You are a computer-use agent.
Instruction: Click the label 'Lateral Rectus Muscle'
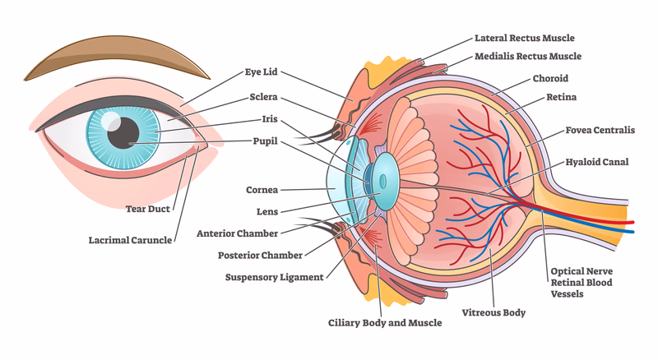click(524, 38)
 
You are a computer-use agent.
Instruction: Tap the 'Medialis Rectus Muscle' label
click(528, 57)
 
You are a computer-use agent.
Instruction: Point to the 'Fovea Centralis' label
click(600, 130)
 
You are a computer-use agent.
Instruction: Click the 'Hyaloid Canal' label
click(596, 162)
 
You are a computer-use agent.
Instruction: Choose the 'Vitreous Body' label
click(493, 312)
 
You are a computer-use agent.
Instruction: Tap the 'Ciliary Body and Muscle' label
click(385, 323)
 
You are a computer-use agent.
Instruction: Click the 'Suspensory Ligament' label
click(274, 277)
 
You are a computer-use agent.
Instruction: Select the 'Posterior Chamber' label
click(261, 255)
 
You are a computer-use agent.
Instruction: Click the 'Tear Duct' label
click(148, 209)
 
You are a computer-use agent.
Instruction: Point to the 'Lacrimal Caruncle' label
click(131, 241)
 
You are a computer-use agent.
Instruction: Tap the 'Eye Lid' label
click(263, 72)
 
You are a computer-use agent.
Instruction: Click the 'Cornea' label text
click(262, 189)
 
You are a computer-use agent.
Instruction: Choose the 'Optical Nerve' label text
click(581, 270)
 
